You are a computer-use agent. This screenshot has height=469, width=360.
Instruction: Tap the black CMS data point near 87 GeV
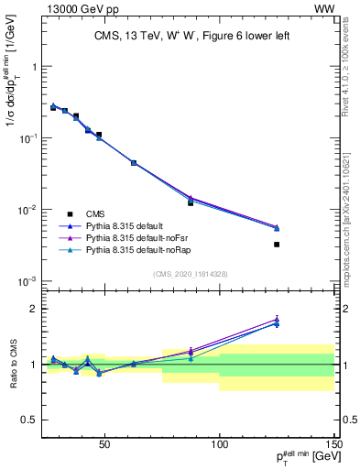[x=191, y=202]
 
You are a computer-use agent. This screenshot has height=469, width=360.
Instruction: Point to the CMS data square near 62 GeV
[x=134, y=163]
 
